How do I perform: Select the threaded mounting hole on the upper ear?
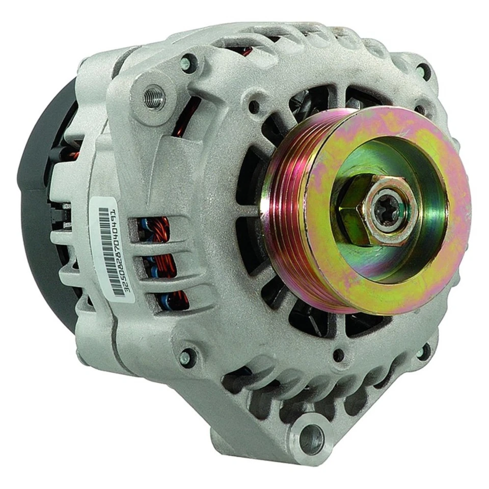(154, 96)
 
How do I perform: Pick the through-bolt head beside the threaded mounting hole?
(187, 63)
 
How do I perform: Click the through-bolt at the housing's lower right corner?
(422, 351)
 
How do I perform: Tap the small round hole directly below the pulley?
(338, 355)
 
